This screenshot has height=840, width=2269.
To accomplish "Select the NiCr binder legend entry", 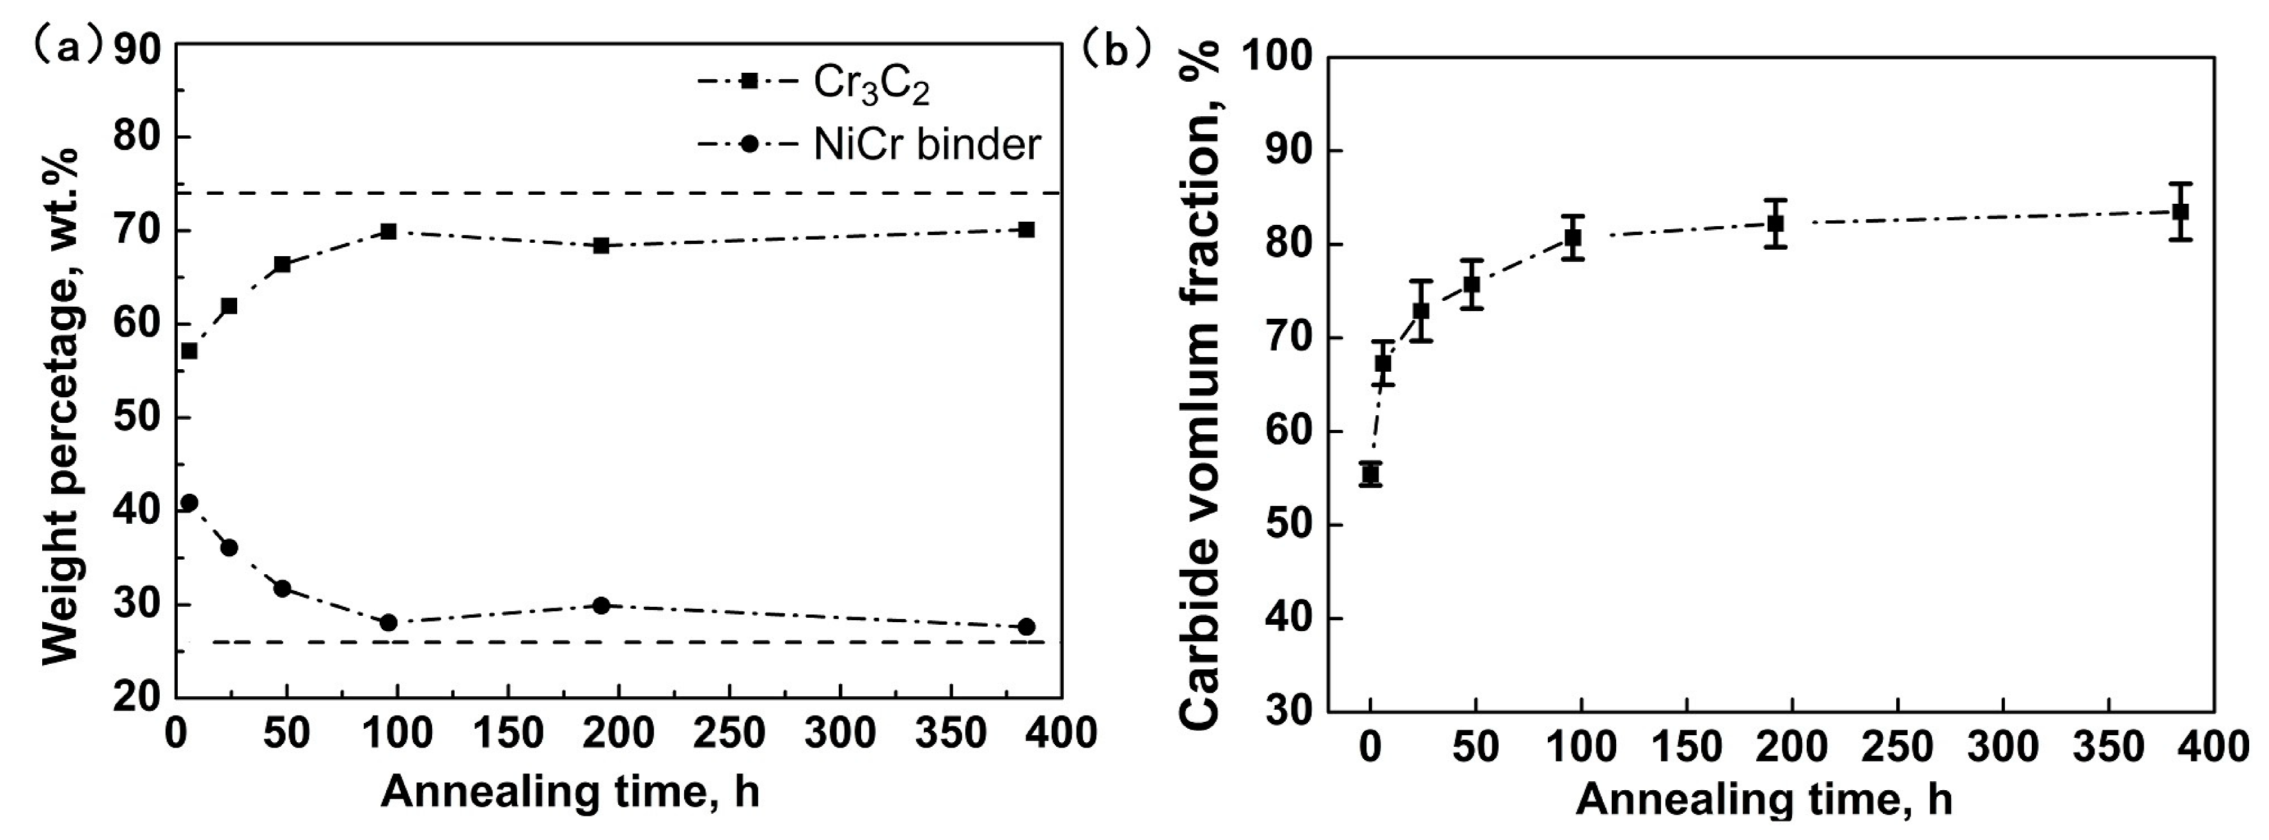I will tap(925, 144).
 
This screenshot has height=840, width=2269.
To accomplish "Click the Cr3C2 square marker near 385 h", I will tap(1025, 230).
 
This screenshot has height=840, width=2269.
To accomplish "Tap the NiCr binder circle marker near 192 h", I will tap(602, 606).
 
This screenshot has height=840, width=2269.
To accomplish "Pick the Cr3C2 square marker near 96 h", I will tap(389, 232).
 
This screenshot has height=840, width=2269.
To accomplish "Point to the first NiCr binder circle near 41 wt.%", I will tap(189, 503).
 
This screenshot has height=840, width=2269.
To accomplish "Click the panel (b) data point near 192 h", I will tap(1775, 224).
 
